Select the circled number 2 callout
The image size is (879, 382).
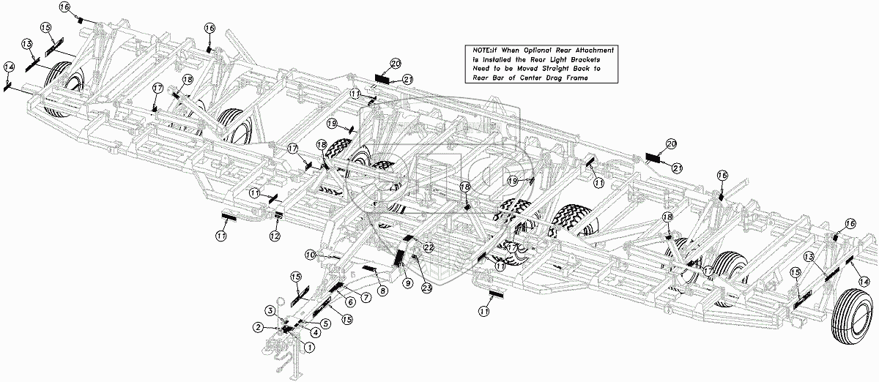point(259,326)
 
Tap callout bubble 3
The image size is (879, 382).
point(270,312)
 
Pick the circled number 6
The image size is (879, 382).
point(350,302)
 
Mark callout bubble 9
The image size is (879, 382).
point(407,282)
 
